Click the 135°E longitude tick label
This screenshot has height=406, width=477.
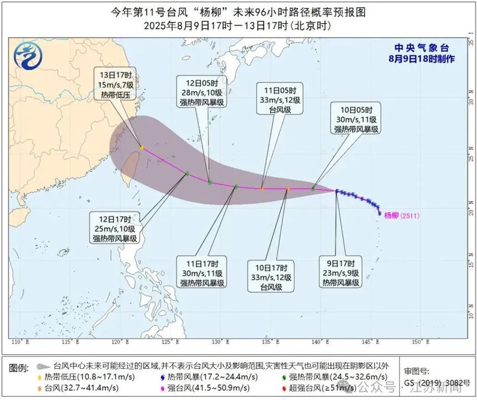(266, 342)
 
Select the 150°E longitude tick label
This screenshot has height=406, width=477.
(415, 342)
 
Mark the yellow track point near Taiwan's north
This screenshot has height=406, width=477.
(142, 148)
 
